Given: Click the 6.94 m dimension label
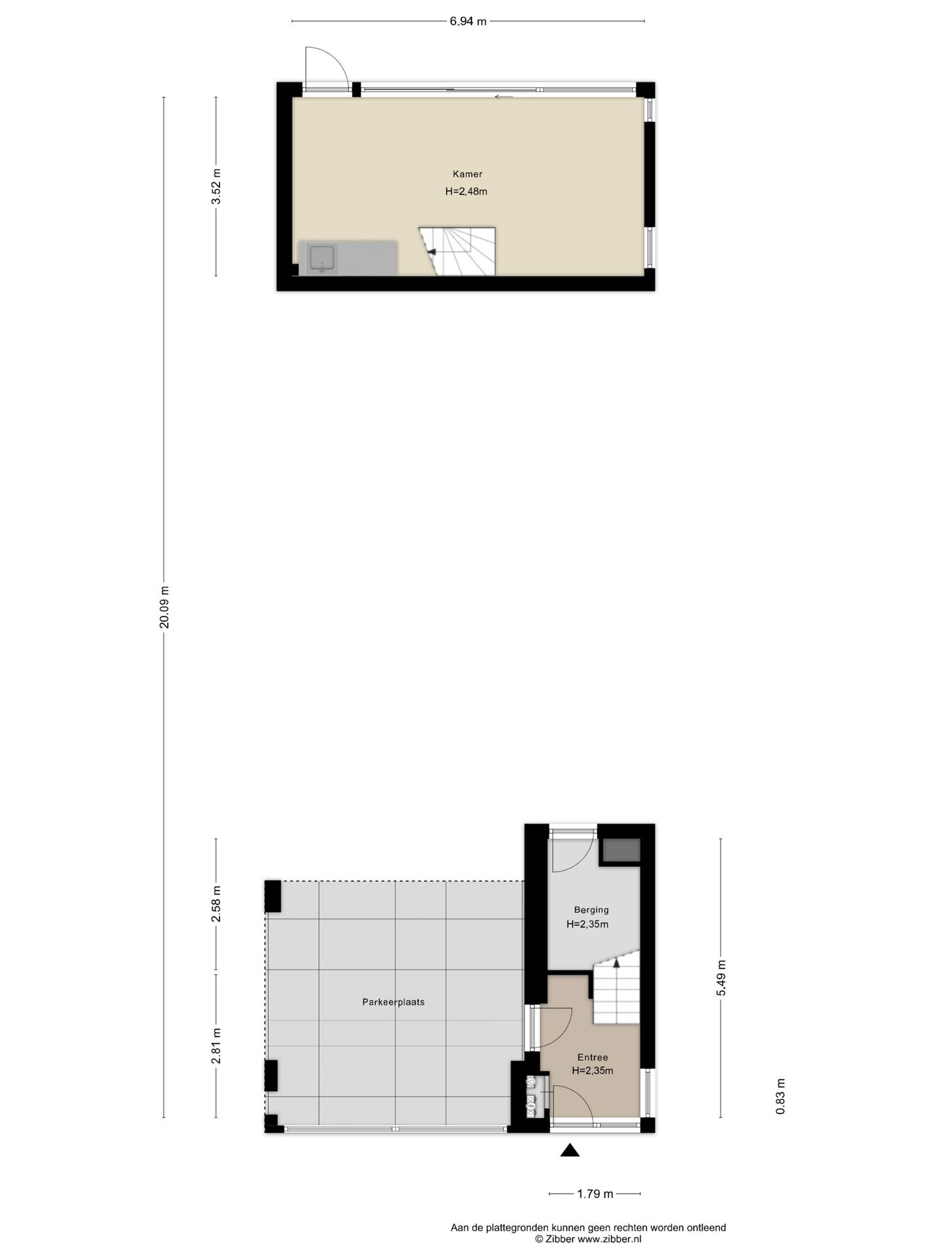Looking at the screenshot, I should click(x=467, y=21).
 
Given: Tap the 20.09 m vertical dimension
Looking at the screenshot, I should click(x=164, y=607).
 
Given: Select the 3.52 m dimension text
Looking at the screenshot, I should click(x=216, y=187).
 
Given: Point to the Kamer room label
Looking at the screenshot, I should click(x=467, y=174).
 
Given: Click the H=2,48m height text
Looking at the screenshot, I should click(x=466, y=191).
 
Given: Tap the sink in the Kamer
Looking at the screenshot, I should click(x=323, y=258).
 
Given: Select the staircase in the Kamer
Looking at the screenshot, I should click(x=462, y=251).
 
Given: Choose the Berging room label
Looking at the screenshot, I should click(x=591, y=909).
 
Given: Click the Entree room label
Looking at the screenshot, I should click(x=593, y=1057).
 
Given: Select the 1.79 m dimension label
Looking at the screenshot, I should click(x=595, y=1193).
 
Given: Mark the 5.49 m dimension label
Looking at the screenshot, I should click(x=721, y=978).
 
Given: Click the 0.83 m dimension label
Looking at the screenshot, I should click(x=780, y=1096).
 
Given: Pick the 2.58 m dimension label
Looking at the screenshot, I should click(x=216, y=904).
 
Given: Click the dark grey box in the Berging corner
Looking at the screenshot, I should click(x=621, y=850).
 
